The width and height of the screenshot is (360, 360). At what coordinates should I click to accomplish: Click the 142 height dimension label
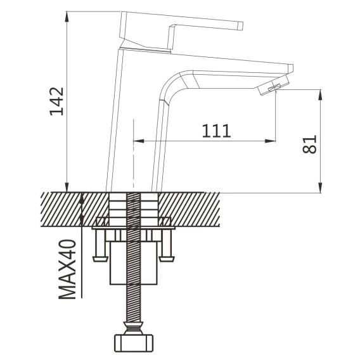pyautogui.click(x=56, y=101)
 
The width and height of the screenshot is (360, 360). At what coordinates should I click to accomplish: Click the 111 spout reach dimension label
pyautogui.click(x=216, y=131)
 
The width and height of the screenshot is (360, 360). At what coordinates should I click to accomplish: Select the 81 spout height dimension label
pyautogui.click(x=309, y=144)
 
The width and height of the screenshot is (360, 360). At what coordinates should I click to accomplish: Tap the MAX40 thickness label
pyautogui.click(x=67, y=269)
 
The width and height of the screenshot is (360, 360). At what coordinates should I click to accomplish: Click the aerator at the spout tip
pyautogui.click(x=273, y=86)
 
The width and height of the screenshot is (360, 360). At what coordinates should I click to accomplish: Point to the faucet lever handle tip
pyautogui.click(x=240, y=26)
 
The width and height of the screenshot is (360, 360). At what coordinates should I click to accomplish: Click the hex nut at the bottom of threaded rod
pyautogui.click(x=134, y=343)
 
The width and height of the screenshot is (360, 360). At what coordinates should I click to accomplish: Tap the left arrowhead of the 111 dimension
pyautogui.click(x=138, y=141)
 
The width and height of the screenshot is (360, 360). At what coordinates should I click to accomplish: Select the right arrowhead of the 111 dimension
pyautogui.click(x=270, y=141)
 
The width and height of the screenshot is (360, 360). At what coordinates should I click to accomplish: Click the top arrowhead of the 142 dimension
pyautogui.click(x=67, y=16)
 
